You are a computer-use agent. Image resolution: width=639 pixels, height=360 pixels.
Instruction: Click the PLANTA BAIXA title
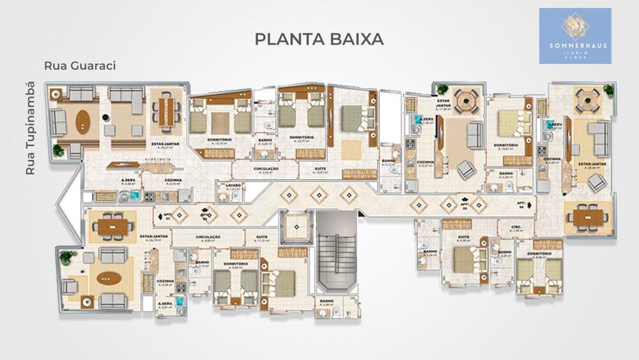click(319, 39)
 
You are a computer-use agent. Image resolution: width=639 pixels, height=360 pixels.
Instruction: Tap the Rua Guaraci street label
click(79, 66)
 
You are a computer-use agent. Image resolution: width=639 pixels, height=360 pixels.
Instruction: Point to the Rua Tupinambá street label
click(29, 128)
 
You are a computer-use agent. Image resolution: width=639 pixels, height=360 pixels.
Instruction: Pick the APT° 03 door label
click(465, 205)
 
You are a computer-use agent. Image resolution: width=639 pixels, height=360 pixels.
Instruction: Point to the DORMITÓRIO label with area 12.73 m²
click(219, 141)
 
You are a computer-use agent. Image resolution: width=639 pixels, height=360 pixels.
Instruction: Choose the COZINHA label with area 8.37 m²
click(425, 164)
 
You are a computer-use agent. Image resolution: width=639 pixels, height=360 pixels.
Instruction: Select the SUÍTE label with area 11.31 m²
click(261, 239)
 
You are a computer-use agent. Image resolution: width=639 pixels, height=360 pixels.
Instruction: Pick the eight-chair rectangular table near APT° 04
click(586, 217)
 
